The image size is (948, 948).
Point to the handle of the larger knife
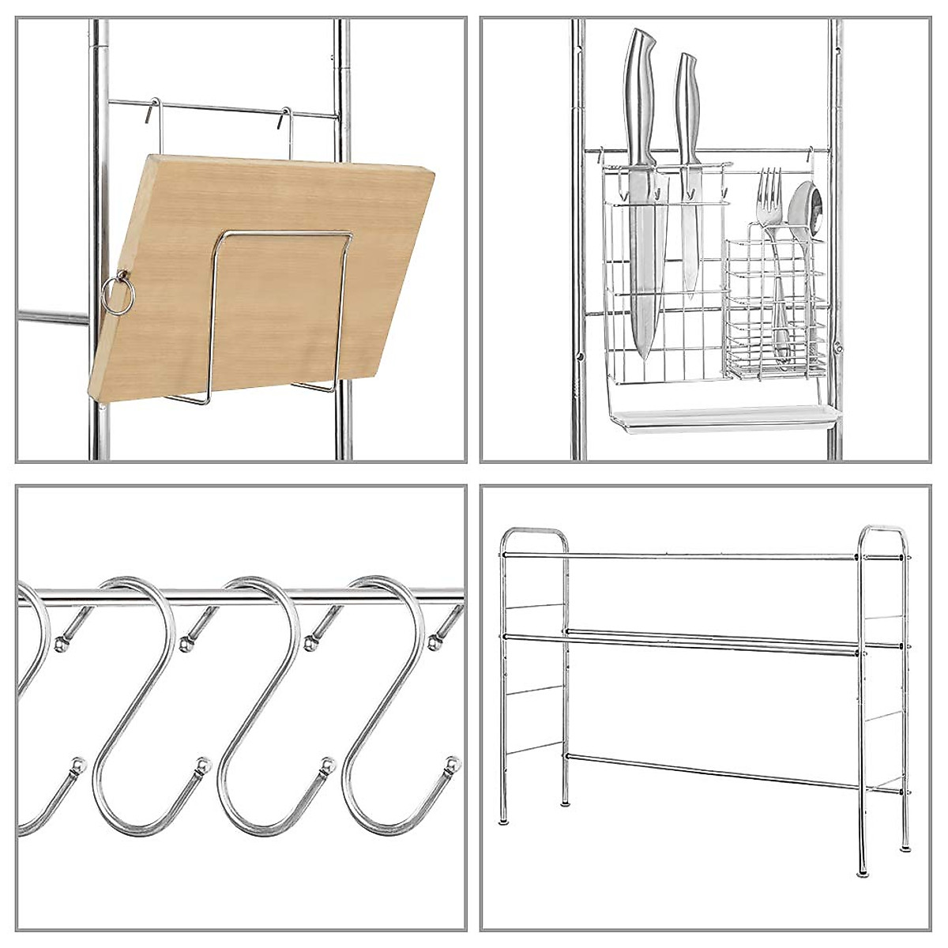pos(639,95)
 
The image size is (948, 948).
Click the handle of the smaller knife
pos(687,103)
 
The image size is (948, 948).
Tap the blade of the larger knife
pos(644,269)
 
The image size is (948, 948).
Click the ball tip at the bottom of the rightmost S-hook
pos(453,765)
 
